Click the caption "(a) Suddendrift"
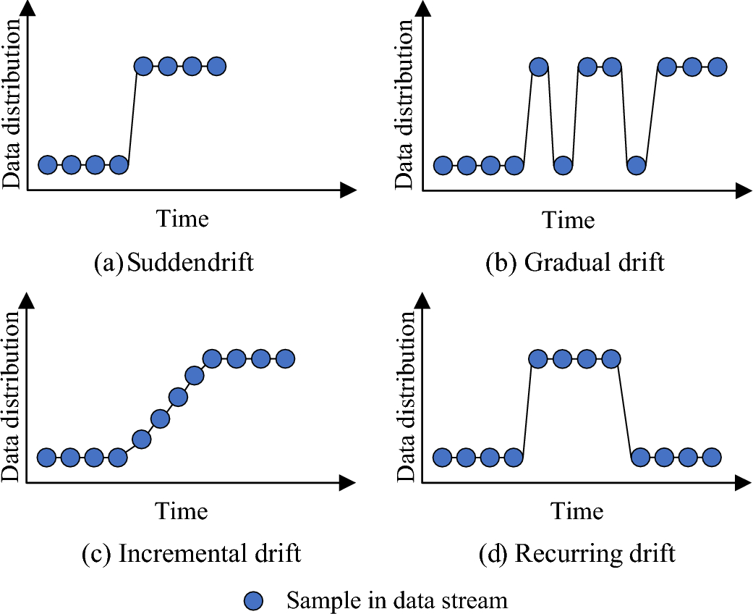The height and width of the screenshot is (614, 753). (x=174, y=262)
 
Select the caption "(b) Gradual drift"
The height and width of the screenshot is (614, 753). (x=574, y=262)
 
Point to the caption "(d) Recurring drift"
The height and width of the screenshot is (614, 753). (x=577, y=554)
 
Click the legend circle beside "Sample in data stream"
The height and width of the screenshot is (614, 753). (x=253, y=600)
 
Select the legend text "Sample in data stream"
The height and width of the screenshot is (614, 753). (x=397, y=600)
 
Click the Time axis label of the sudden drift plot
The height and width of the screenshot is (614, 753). (x=182, y=218)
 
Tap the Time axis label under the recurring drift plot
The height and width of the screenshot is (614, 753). (x=577, y=510)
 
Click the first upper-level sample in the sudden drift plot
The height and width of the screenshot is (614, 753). (x=144, y=67)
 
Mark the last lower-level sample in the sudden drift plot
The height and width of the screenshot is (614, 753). (x=119, y=165)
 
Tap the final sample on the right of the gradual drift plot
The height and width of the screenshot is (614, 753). (x=717, y=67)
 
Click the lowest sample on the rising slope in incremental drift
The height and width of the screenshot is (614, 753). (x=142, y=439)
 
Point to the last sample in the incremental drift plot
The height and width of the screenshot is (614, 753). (x=284, y=358)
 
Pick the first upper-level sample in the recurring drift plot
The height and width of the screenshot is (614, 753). (x=538, y=358)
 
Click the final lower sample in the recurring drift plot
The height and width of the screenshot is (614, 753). (x=712, y=457)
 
